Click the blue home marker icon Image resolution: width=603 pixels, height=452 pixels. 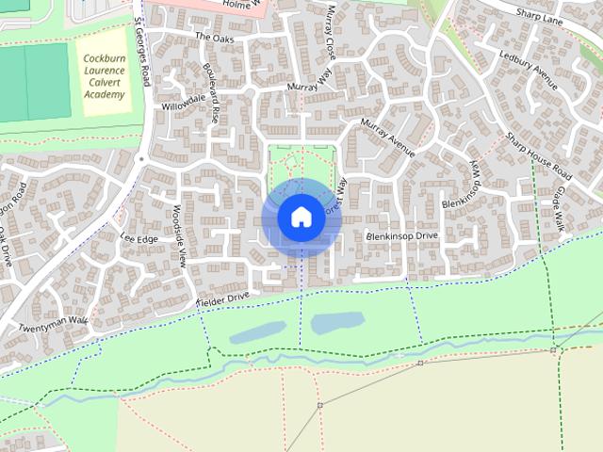(x=301, y=217)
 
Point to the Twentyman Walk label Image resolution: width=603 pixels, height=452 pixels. (x=53, y=325)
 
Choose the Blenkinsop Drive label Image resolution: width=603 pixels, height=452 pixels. (x=402, y=235)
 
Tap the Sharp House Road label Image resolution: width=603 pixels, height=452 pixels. (x=538, y=157)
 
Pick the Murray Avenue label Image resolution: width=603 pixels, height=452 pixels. (x=387, y=137)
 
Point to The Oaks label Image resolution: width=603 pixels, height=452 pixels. (x=214, y=37)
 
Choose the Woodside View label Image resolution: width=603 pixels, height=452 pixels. (x=181, y=235)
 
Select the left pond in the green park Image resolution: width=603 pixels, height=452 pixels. (x=257, y=331)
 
